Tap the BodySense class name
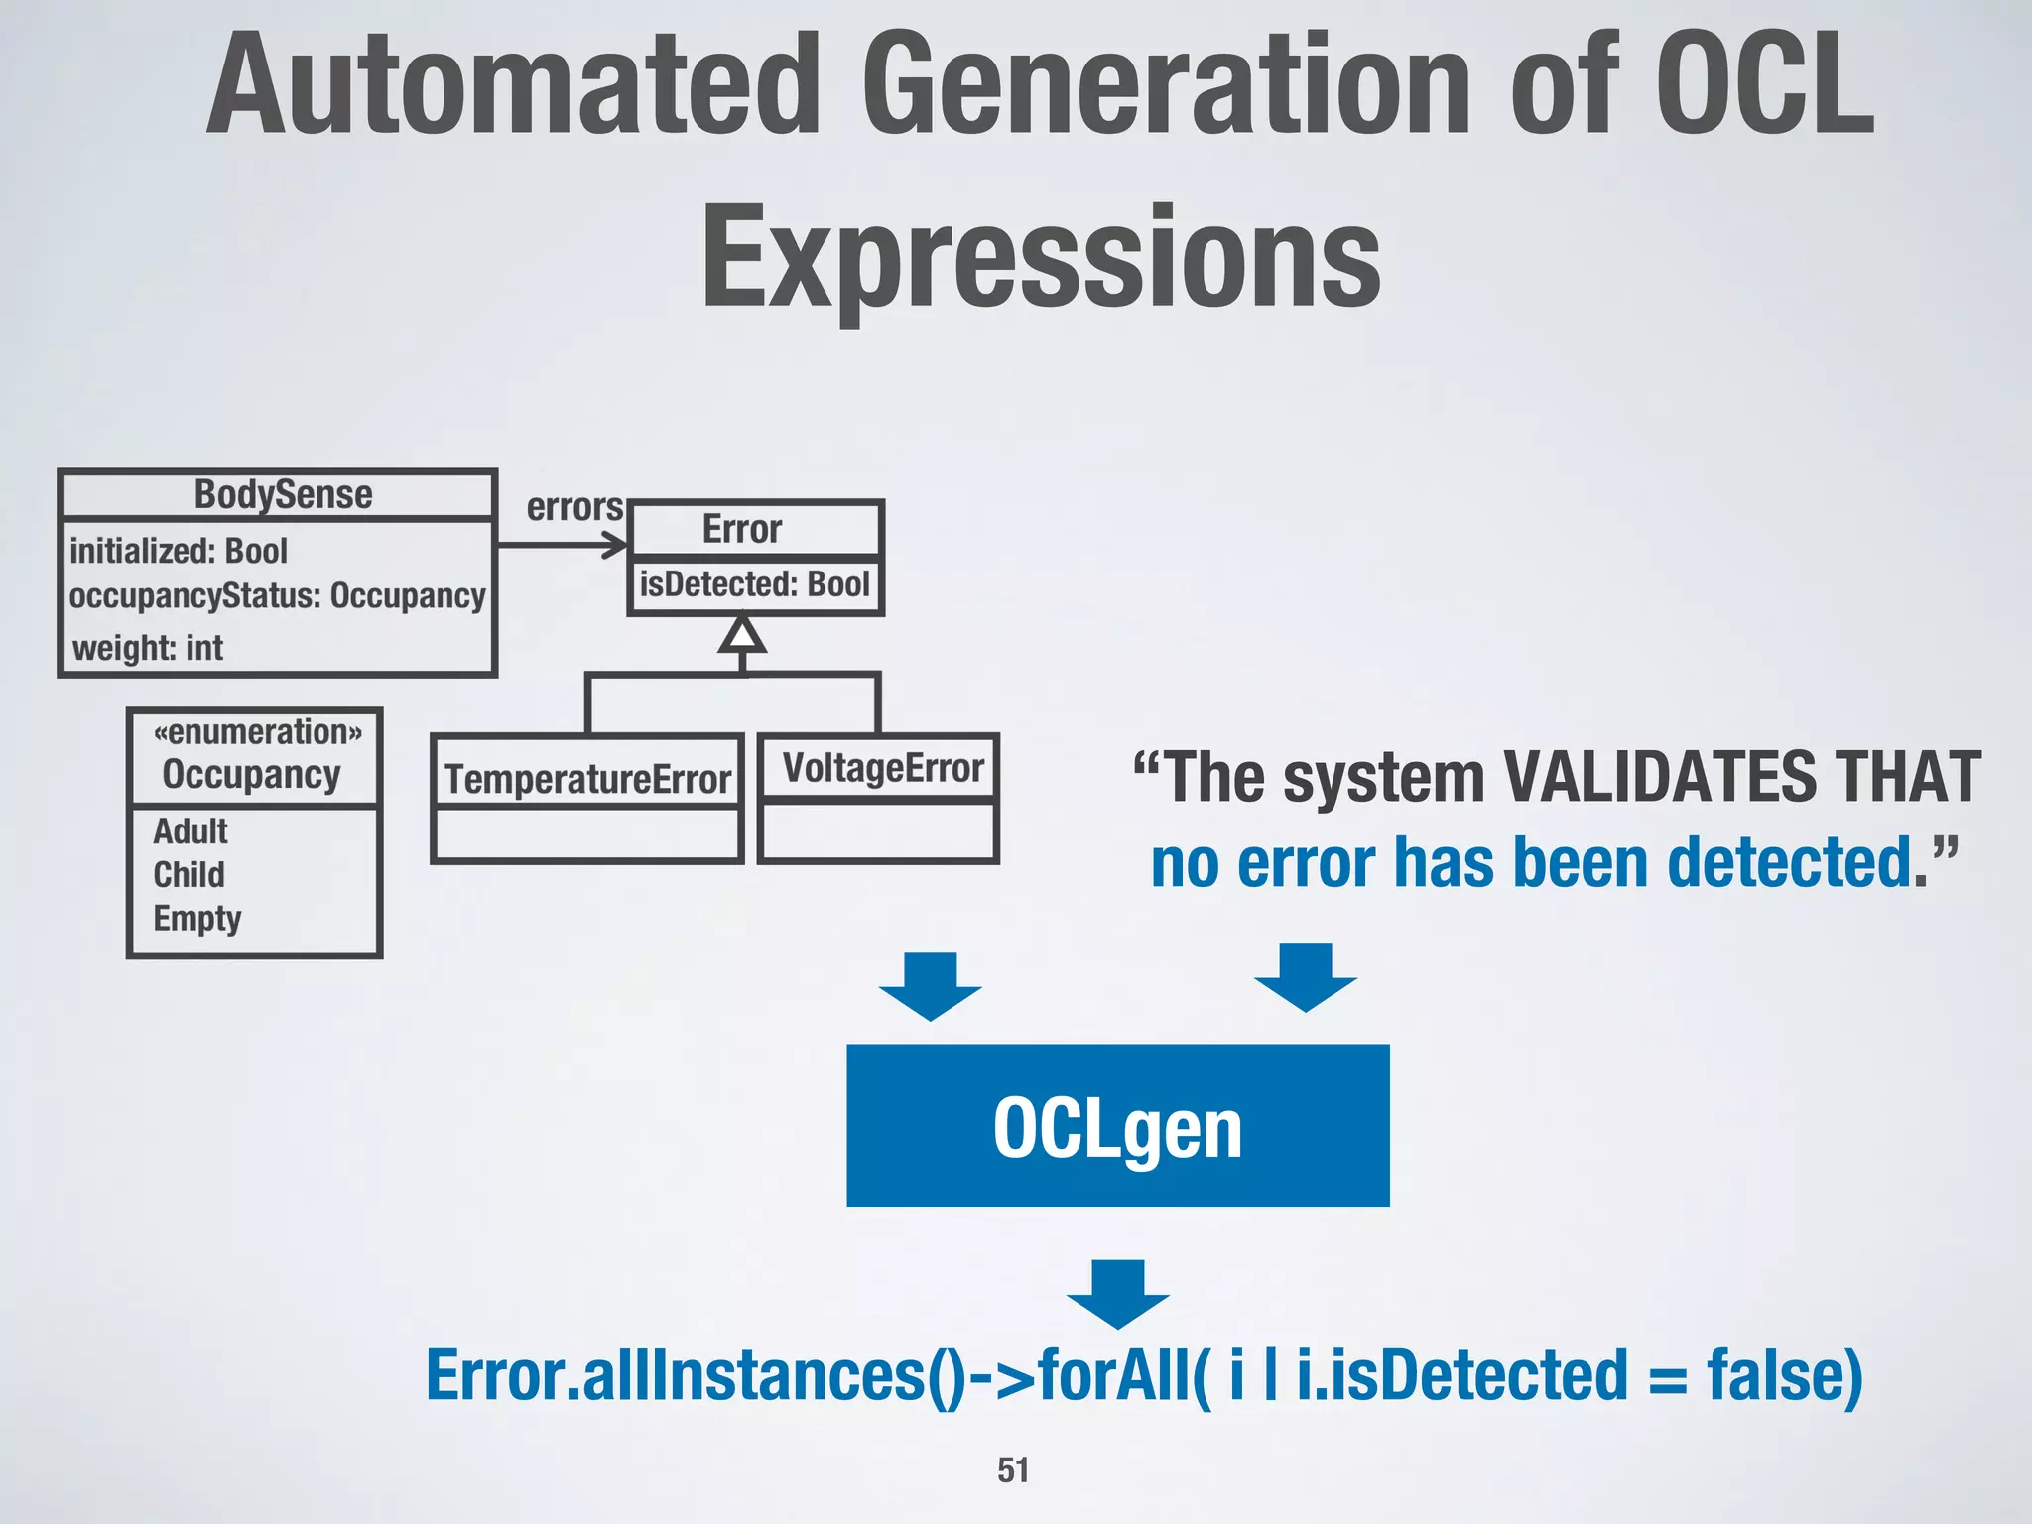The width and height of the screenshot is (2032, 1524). pyautogui.click(x=283, y=494)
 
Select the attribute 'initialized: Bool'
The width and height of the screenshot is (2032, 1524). pyautogui.click(x=179, y=551)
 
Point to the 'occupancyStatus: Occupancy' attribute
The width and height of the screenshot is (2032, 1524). pyautogui.click(x=277, y=596)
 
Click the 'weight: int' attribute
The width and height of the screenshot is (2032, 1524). pyautogui.click(x=148, y=648)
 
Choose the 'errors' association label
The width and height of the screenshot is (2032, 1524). pyautogui.click(x=573, y=507)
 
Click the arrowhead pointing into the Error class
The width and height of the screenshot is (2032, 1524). pyautogui.click(x=617, y=545)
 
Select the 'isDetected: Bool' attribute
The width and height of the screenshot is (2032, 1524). pyautogui.click(x=754, y=584)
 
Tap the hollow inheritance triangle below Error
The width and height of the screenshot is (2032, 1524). pyautogui.click(x=742, y=634)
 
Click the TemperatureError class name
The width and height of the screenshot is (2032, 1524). pyautogui.click(x=587, y=780)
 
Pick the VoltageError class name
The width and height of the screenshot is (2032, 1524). pyautogui.click(x=882, y=768)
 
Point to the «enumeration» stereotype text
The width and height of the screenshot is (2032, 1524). pyautogui.click(x=257, y=732)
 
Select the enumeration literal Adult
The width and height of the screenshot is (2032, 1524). pyautogui.click(x=190, y=831)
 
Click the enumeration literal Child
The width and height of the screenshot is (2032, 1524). pyautogui.click(x=189, y=875)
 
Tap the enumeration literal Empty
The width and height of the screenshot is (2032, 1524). pyautogui.click(x=196, y=919)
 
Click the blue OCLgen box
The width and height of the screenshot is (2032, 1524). pyautogui.click(x=1117, y=1126)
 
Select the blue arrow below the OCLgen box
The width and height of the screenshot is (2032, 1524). pyautogui.click(x=1117, y=1294)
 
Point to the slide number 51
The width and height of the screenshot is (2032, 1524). pyautogui.click(x=1013, y=1469)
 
